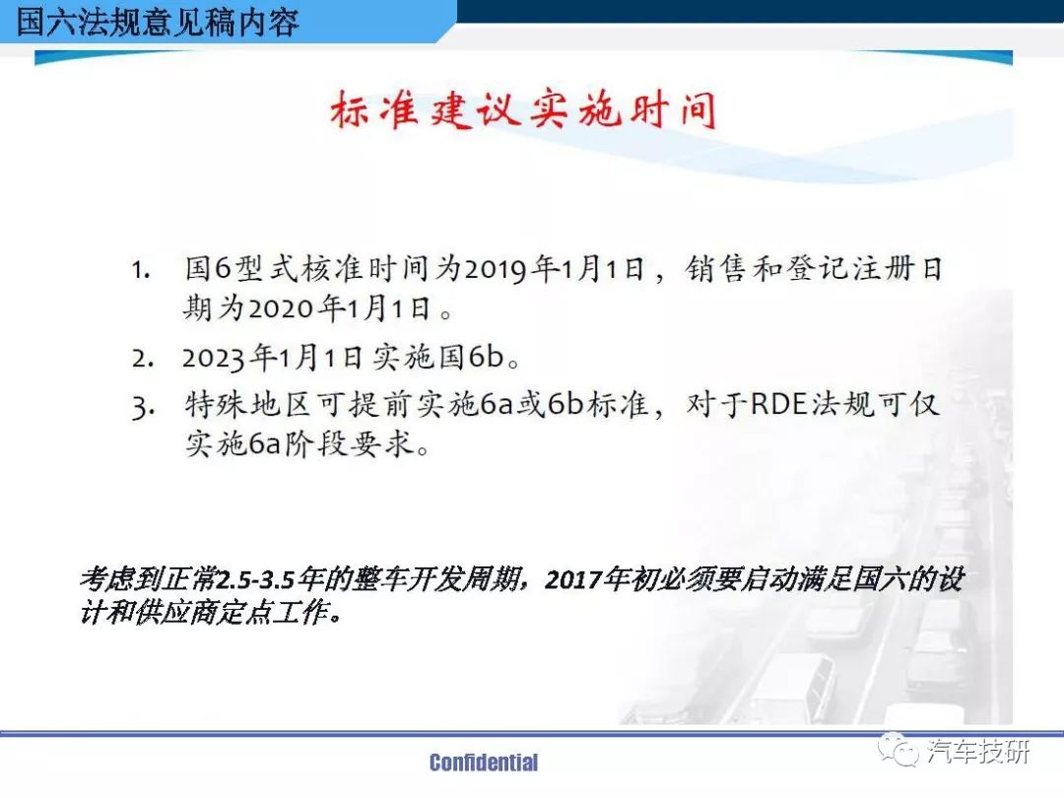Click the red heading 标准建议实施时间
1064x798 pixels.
[x=523, y=110]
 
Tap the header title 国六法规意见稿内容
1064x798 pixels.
[x=158, y=21]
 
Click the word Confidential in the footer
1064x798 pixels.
[x=484, y=763]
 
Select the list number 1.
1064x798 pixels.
[x=141, y=270]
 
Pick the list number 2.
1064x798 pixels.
[x=142, y=359]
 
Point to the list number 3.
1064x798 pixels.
[x=143, y=408]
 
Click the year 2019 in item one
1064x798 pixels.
[x=496, y=269]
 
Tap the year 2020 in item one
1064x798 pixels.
[x=282, y=308]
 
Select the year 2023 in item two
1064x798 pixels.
[x=215, y=358]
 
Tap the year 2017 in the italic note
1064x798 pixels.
[x=574, y=579]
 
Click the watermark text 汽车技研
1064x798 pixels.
[x=978, y=752]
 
